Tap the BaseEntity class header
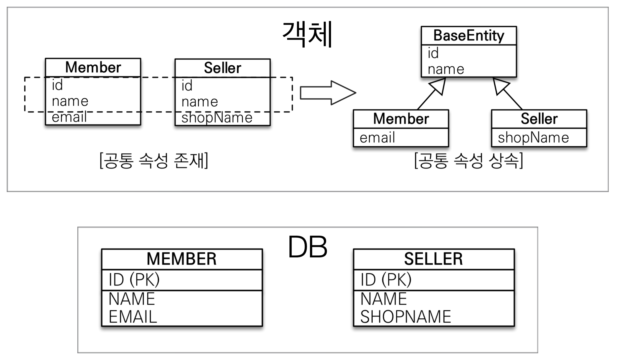coord(468,36)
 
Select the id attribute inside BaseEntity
coord(433,53)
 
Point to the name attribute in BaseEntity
coord(446,69)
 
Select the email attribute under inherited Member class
coord(377,138)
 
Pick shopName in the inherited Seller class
coord(533,138)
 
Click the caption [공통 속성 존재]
coord(154,161)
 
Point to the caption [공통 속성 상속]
coord(469,161)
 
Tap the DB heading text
coord(307,247)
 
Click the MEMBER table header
coord(182,259)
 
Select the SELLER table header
coord(434,259)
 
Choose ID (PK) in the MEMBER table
coord(134,280)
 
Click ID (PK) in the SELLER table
coord(386,280)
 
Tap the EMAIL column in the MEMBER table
coord(133,317)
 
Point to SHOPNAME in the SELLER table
coord(405,317)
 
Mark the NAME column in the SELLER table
coord(383,299)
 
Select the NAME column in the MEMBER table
coord(132,299)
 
